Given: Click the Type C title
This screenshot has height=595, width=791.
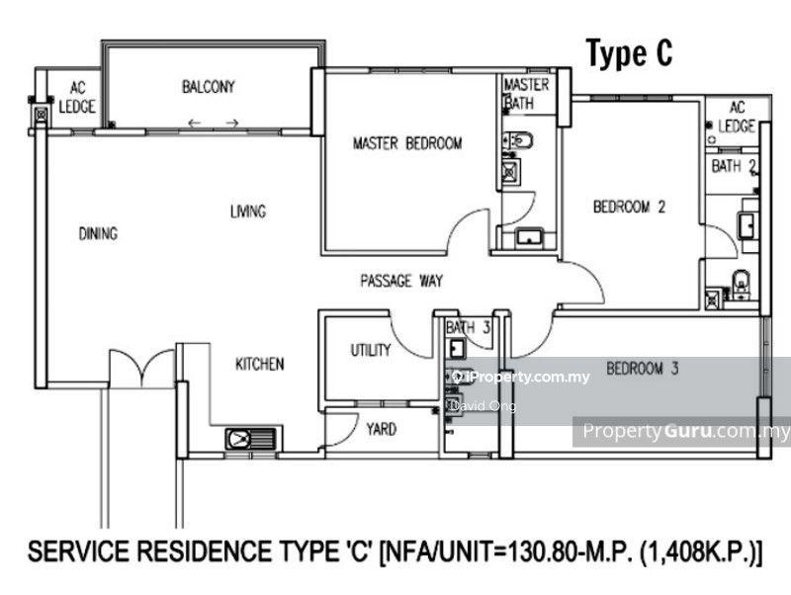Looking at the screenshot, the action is tap(629, 53).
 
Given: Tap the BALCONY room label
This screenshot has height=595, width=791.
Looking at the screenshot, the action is tap(209, 87).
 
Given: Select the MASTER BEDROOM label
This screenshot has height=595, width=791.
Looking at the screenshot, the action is tap(407, 143).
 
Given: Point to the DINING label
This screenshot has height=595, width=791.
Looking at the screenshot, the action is tap(98, 233).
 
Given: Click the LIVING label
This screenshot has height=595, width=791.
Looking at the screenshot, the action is tap(248, 212).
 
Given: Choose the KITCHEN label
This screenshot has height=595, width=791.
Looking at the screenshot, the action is tap(260, 364).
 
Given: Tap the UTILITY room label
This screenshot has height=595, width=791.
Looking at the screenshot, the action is tap(371, 350).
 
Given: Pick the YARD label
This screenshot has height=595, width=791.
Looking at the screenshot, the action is tap(382, 430).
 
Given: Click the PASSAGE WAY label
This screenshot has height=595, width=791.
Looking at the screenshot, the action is tap(401, 281).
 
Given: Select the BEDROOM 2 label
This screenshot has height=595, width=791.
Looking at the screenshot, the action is tap(630, 207).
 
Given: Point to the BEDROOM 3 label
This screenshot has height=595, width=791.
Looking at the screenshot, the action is tap(643, 369).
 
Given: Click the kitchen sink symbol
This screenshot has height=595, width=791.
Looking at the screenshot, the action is tap(251, 439).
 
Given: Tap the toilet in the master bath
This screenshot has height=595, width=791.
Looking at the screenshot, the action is tap(518, 139).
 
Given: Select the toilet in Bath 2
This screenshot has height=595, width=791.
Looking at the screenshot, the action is tap(741, 283).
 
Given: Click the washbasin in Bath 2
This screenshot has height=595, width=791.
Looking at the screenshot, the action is tap(746, 225).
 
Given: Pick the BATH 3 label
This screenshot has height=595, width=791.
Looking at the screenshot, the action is tap(468, 328).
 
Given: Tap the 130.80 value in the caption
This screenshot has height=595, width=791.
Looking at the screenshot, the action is tap(534, 552).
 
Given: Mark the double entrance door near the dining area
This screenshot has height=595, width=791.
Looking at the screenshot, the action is tap(141, 368).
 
